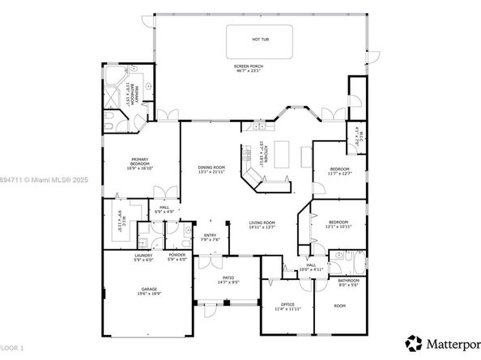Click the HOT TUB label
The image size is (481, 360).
click(261, 39)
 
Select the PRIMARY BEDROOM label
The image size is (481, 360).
click(143, 160)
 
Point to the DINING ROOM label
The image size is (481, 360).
click(211, 168)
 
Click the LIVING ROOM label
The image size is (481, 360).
click(262, 224)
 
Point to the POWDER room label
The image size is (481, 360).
click(177, 257)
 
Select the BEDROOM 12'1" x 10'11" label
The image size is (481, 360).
click(338, 223)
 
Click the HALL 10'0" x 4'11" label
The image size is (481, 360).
click(312, 267)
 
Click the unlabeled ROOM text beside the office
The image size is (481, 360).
click(340, 305)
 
